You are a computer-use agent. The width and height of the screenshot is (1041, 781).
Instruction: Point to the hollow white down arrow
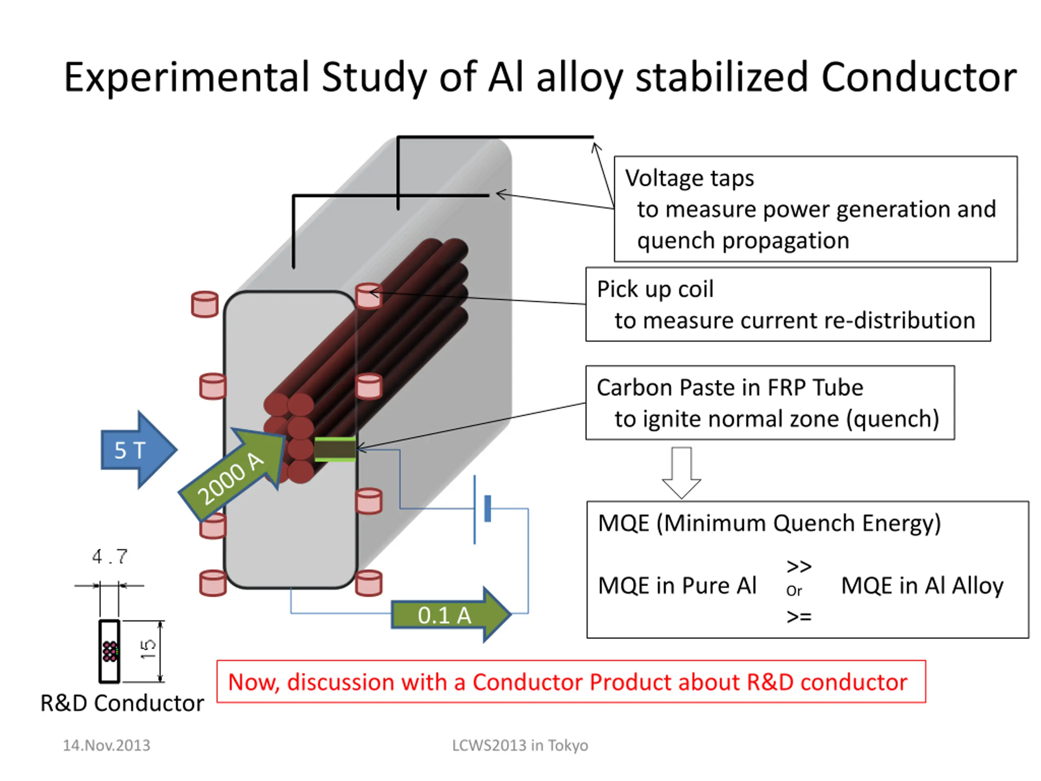[681, 472]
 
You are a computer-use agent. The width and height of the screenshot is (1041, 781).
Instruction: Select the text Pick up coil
[655, 289]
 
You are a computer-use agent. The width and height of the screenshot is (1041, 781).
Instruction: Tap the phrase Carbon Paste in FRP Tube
[730, 388]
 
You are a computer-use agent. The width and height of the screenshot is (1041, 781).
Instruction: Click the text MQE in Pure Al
[677, 586]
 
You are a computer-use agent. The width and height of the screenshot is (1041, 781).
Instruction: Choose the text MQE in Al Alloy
[922, 586]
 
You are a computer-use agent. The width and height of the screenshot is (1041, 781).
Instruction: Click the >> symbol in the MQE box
[799, 566]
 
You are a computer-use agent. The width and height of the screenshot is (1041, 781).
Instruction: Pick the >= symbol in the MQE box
[799, 616]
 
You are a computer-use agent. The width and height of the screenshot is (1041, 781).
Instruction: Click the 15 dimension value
[148, 649]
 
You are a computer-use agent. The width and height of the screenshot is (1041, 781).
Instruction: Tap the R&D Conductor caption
[122, 703]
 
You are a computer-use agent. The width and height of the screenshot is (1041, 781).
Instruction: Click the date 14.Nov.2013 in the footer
[107, 745]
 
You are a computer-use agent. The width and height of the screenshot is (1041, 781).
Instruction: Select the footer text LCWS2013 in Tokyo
[520, 745]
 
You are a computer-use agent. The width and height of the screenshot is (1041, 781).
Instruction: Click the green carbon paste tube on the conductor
[335, 449]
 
